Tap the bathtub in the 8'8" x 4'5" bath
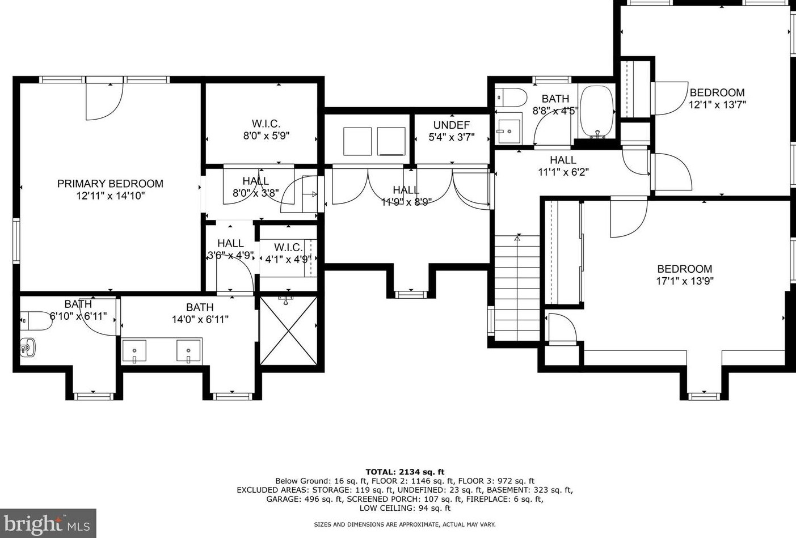pyautogui.click(x=597, y=112)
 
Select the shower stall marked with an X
pyautogui.click(x=289, y=331)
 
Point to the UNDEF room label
pyautogui.click(x=452, y=125)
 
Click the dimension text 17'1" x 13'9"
pyautogui.click(x=685, y=281)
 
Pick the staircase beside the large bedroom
pyautogui.click(x=517, y=288)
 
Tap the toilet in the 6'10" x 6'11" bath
pyautogui.click(x=36, y=321)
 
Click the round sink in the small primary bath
pyautogui.click(x=28, y=347)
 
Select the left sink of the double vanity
pyautogui.click(x=134, y=351)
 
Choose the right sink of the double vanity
pyautogui.click(x=189, y=351)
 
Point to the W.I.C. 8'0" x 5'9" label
pyautogui.click(x=266, y=130)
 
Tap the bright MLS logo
pyautogui.click(x=48, y=523)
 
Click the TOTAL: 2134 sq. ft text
pyautogui.click(x=405, y=472)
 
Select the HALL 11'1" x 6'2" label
pyautogui.click(x=563, y=166)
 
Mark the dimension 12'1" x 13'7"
pyautogui.click(x=717, y=105)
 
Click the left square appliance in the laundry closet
pyautogui.click(x=357, y=141)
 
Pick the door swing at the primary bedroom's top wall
pyautogui.click(x=104, y=101)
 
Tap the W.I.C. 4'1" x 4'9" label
pyautogui.click(x=288, y=253)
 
